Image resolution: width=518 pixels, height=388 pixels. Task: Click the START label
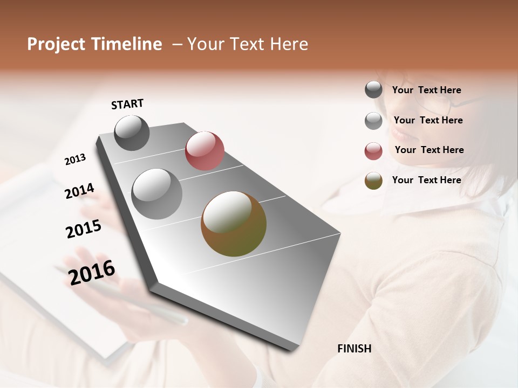[x=127, y=104]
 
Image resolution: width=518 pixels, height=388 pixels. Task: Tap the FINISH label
[x=354, y=349]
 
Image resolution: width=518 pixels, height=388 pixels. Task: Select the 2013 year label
[x=75, y=160]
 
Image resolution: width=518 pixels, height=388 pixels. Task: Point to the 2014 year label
[x=79, y=191]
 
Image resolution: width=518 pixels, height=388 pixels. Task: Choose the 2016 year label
[x=92, y=272]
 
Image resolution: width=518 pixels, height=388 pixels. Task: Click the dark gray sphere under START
[x=132, y=133]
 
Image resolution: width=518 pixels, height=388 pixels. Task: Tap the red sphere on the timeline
[x=205, y=150]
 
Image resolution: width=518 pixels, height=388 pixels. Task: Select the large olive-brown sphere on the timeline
[x=234, y=224]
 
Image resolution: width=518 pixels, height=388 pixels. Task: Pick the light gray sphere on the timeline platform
[x=157, y=193]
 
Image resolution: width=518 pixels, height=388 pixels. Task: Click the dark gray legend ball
[x=373, y=90]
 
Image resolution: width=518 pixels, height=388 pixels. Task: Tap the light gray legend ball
[x=373, y=121]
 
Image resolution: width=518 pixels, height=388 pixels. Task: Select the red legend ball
[x=373, y=151]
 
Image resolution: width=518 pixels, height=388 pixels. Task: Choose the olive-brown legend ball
[x=373, y=181]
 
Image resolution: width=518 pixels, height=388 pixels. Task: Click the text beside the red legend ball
[x=429, y=150]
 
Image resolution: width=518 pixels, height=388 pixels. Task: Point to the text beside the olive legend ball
[x=426, y=180]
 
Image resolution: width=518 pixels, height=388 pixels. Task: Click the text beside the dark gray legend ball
[x=426, y=90]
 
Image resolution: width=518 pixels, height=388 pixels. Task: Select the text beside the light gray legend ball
[x=428, y=120]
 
